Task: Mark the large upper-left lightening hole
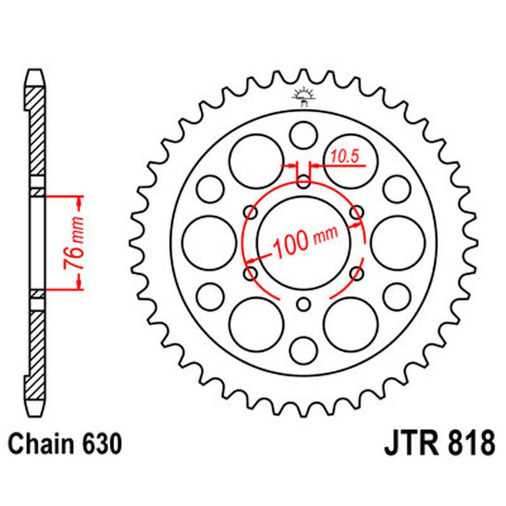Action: tap(255, 160)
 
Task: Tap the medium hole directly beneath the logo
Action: tap(304, 134)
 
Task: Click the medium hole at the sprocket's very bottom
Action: tap(304, 350)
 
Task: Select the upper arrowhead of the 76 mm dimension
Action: tap(78, 198)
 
